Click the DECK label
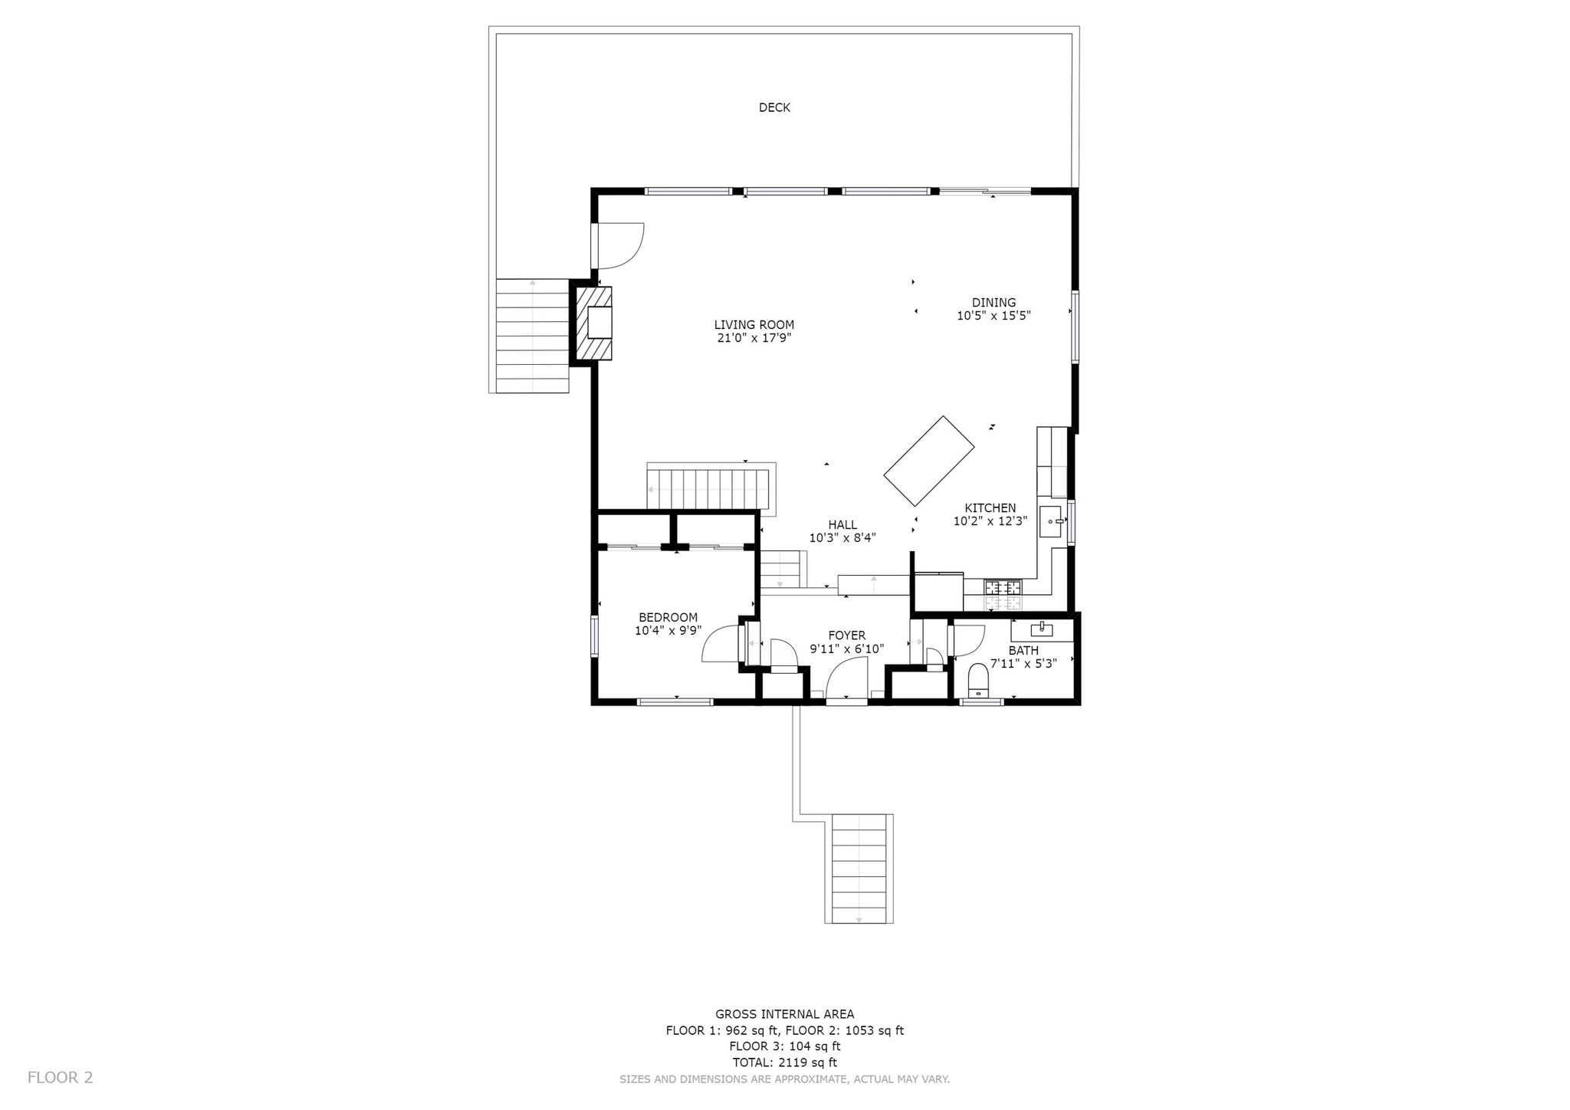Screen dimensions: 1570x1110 pos(774,107)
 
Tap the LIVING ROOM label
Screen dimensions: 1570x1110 pos(754,324)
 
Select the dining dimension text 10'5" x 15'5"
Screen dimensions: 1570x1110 pos(994,315)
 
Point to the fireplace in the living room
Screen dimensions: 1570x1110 pos(594,323)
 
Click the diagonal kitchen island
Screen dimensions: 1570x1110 pos(929,461)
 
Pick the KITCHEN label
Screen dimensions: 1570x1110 pos(990,507)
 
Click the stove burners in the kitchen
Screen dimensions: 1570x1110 pos(1003,588)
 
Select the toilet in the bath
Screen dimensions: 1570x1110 pos(977,678)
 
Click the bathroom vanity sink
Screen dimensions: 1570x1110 pos(1042,630)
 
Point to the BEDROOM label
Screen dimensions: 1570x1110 pos(668,617)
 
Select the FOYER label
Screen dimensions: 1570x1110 pos(847,635)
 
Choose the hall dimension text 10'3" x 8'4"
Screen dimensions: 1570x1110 pos(842,538)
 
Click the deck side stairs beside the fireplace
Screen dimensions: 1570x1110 pos(532,336)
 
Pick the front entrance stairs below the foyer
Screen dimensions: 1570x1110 pos(859,869)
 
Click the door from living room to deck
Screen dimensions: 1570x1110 pos(618,245)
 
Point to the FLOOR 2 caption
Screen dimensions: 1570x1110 pos(61,1077)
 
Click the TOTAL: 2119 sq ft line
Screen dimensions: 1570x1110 pos(784,1062)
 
